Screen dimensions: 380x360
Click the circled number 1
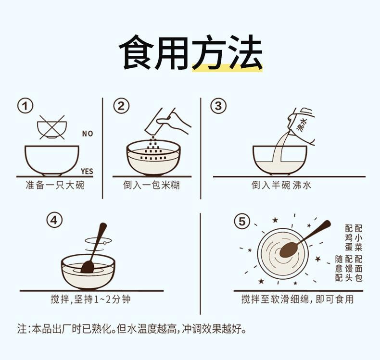25,106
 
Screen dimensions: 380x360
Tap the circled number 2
121,106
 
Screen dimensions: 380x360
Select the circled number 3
218,106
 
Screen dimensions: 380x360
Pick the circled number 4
54,220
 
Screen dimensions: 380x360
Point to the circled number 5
242,221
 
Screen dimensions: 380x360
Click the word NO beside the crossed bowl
88,134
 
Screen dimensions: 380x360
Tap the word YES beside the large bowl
87,172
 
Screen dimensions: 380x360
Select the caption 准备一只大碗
55,185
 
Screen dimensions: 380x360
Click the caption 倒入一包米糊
152,185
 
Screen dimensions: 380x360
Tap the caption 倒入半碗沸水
281,185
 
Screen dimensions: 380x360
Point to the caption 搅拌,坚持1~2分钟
90,299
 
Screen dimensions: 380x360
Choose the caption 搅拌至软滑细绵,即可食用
297,299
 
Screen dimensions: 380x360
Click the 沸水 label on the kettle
302,125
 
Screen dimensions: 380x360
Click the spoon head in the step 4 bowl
88,267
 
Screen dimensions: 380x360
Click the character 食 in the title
136,52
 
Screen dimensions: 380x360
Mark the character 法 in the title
245,52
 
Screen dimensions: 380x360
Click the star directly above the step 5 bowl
275,220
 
